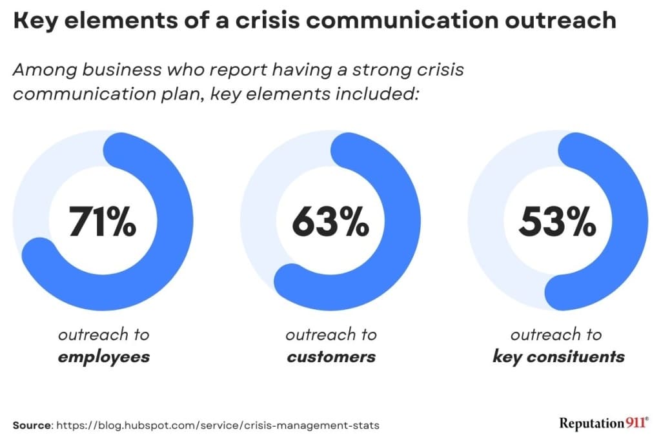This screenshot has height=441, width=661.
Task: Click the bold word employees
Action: point(103,356)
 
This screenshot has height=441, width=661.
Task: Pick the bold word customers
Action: point(330,356)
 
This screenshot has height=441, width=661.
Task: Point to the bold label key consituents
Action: point(558,356)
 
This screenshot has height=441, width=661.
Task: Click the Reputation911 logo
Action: point(604,424)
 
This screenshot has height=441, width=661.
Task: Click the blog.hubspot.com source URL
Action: point(218,426)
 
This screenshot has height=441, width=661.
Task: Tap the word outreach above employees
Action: point(103,335)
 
